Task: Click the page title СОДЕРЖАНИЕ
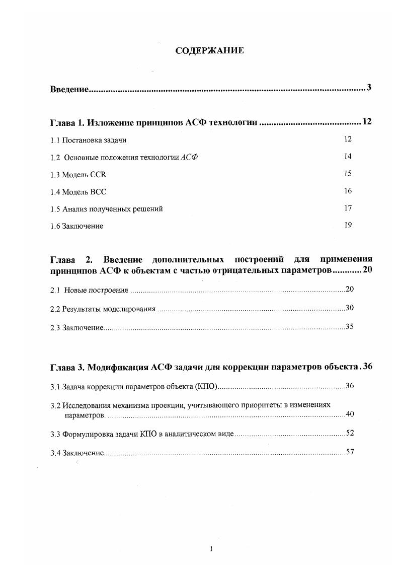pyautogui.click(x=209, y=50)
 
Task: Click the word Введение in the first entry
pyautogui.click(x=69, y=89)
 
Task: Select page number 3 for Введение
pyautogui.click(x=369, y=88)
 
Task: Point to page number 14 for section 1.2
pyautogui.click(x=348, y=156)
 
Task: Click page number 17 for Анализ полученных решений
pyautogui.click(x=348, y=208)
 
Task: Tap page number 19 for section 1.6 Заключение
pyautogui.click(x=348, y=225)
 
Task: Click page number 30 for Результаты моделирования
pyautogui.click(x=350, y=308)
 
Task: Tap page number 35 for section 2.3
pyautogui.click(x=350, y=326)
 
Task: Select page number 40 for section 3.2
pyautogui.click(x=350, y=414)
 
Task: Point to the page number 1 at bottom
pyautogui.click(x=212, y=549)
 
